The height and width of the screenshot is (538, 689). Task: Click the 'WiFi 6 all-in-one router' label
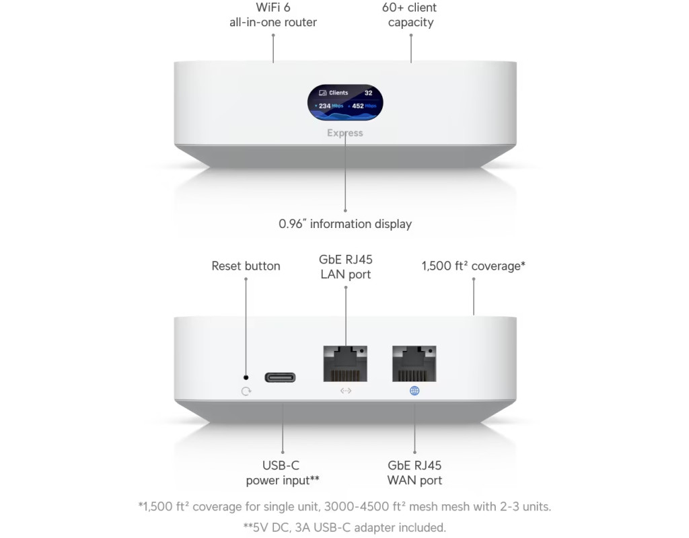[x=273, y=15]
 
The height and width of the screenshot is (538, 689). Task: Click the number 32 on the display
[x=368, y=93]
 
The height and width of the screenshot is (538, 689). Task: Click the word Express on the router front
[x=345, y=133]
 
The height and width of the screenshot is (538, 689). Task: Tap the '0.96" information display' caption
[x=345, y=224]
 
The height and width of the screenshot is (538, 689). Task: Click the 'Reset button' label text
[x=246, y=266]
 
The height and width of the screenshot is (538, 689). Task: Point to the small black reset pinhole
[x=246, y=377]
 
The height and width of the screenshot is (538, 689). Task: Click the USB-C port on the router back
[x=279, y=377]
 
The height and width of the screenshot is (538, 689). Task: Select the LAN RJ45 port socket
[x=346, y=364]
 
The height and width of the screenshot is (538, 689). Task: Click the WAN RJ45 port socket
[x=414, y=364]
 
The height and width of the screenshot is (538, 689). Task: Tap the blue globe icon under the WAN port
[x=414, y=391]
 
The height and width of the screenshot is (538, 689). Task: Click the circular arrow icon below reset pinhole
[x=246, y=391]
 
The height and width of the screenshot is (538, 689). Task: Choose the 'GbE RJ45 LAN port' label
[x=346, y=267]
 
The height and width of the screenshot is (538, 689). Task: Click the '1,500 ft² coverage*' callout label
[x=473, y=266]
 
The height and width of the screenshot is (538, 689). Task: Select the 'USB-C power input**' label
[x=282, y=473]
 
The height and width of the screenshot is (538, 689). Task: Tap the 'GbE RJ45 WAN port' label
[x=414, y=473]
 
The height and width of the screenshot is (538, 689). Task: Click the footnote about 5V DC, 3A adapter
[x=344, y=527]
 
